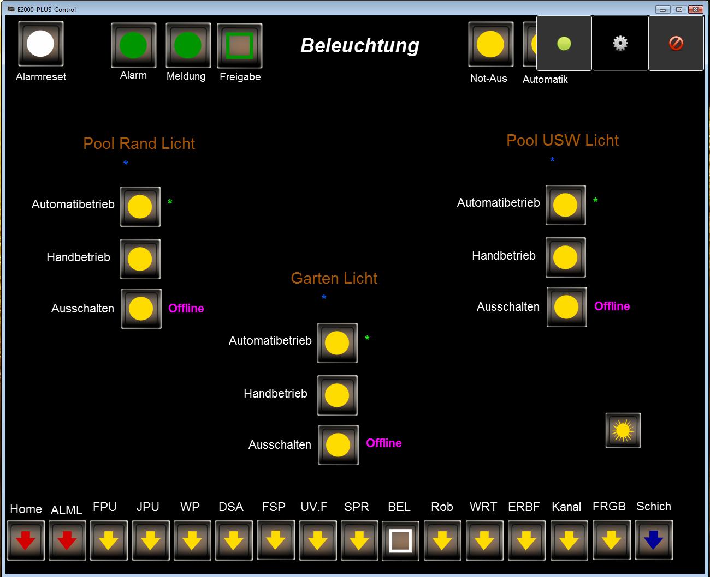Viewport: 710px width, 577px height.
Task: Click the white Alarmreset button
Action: [41, 44]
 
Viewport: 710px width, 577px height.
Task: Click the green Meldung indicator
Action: [188, 45]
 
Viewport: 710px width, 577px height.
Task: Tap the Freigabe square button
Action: [240, 46]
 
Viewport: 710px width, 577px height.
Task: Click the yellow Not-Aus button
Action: [490, 44]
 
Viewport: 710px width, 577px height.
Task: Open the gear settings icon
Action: [620, 43]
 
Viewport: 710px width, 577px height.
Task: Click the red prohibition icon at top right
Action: [676, 43]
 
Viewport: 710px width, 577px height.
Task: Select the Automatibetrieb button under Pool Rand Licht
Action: [140, 207]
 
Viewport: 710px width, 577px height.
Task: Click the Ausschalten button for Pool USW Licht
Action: [566, 307]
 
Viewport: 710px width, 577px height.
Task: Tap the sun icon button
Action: [623, 431]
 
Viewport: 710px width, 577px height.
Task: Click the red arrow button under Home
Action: [26, 540]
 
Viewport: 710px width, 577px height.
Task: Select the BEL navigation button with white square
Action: [400, 540]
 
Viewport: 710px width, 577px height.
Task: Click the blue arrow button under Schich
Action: [654, 540]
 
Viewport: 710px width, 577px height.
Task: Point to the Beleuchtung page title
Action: [360, 46]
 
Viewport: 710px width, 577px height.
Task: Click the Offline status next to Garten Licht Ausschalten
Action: [383, 443]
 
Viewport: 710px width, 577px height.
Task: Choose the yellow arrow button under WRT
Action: [484, 540]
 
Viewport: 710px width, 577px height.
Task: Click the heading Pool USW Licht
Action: [563, 140]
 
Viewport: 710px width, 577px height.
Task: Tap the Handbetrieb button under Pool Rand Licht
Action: [140, 259]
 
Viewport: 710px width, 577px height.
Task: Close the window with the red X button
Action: [695, 9]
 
